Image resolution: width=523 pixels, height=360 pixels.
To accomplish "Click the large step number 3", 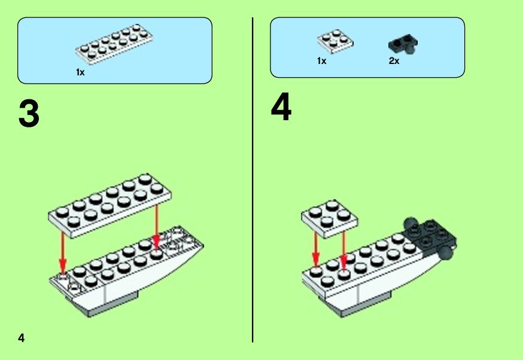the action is click(29, 114).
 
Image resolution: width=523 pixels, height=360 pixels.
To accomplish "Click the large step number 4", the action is click(281, 107).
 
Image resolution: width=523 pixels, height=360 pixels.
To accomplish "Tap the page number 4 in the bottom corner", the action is click(22, 338).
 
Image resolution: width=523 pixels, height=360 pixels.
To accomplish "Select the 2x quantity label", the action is click(394, 60).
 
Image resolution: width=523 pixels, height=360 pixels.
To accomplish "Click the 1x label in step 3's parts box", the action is click(80, 72).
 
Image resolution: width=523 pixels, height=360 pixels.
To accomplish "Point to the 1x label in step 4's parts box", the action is click(321, 60).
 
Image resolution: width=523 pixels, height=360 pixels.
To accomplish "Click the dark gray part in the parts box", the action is click(403, 44).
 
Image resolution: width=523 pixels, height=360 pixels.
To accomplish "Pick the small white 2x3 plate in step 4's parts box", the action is click(335, 41).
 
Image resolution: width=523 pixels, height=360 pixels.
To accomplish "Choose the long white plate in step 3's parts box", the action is click(114, 44).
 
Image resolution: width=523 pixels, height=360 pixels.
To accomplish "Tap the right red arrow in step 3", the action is click(156, 226).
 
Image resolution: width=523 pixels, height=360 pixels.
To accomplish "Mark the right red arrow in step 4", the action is click(343, 249).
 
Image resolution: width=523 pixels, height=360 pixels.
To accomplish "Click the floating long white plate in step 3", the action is click(110, 205).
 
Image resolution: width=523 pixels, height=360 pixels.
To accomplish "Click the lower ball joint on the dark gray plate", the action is click(446, 253).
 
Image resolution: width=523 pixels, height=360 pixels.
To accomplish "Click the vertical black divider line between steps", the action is click(253, 180).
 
